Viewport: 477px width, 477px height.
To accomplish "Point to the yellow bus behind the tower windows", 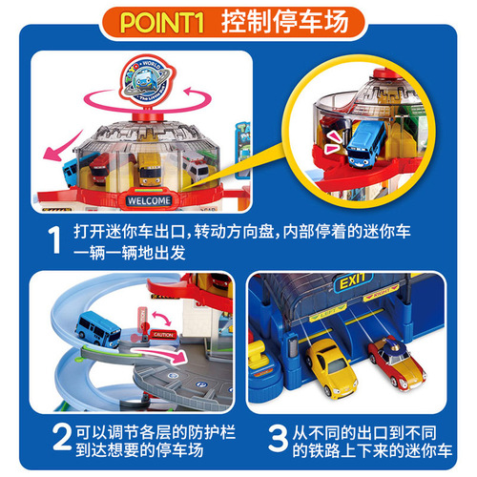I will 141,172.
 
